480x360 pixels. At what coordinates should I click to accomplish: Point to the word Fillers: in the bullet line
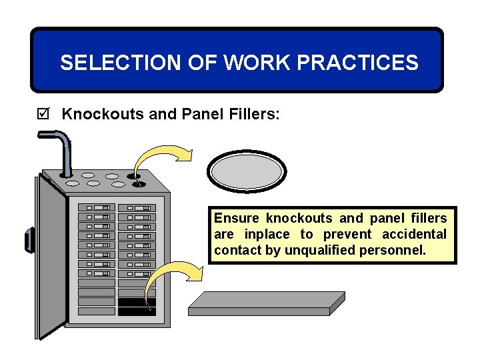(x=255, y=114)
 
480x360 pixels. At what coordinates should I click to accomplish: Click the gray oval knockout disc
(x=247, y=171)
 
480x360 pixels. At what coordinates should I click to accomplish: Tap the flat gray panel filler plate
(x=267, y=305)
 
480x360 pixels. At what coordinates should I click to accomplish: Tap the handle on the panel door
(x=29, y=239)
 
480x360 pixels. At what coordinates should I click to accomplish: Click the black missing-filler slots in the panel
(x=137, y=307)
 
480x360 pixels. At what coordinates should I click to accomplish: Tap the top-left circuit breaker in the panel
(x=97, y=208)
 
